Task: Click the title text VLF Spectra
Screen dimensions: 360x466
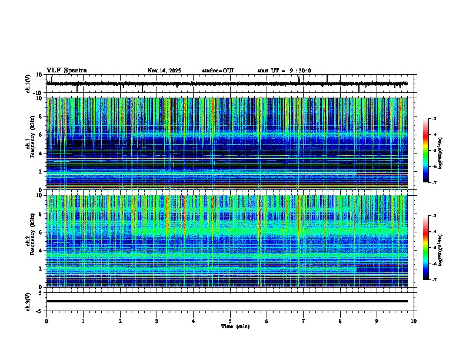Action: [x=66, y=71]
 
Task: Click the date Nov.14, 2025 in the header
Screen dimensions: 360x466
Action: [x=164, y=71]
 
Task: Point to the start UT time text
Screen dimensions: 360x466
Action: [x=284, y=71]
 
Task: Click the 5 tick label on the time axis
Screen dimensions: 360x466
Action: [x=231, y=321]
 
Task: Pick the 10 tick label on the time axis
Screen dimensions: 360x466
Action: [x=414, y=321]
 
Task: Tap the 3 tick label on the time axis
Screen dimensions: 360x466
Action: [x=157, y=321]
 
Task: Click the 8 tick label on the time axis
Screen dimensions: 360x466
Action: [x=341, y=321]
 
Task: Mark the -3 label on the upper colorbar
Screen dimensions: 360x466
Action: [x=434, y=119]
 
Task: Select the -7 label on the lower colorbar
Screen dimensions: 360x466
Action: [x=434, y=279]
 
